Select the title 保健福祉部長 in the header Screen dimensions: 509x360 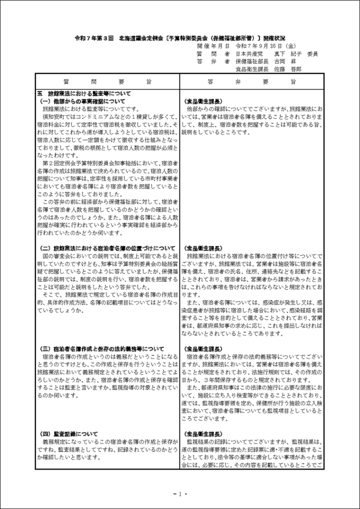[252, 61]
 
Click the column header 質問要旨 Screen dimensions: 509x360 [107, 81]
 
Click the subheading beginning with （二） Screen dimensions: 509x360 [106, 248]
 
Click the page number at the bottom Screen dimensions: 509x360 [180, 494]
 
